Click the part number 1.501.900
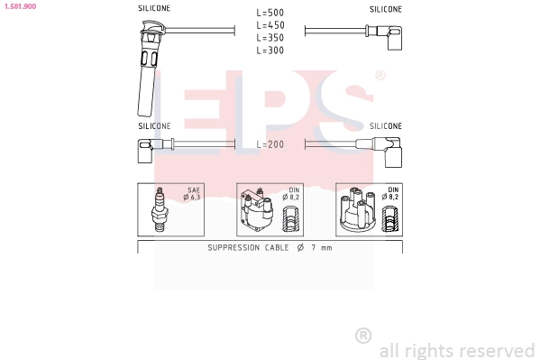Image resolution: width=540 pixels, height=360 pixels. point(20,6)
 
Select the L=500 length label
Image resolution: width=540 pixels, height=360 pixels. point(270,13)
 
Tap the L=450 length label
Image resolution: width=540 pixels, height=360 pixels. point(270,25)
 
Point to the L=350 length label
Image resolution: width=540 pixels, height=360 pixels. point(270,38)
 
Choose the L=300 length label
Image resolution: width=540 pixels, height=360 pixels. point(270,51)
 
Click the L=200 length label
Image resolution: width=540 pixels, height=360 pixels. point(270,144)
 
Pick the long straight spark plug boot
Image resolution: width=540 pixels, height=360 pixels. point(148,69)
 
